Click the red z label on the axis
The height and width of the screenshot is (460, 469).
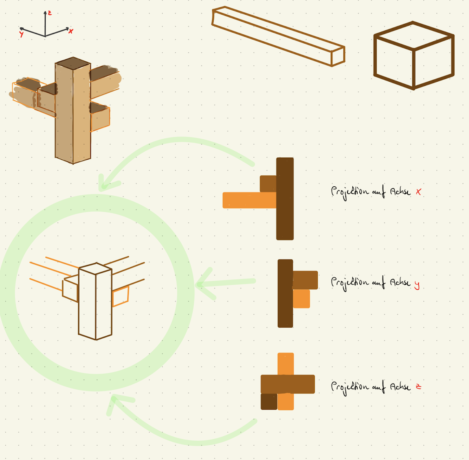coord(50,13)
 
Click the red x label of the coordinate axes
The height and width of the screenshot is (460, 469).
coord(71,31)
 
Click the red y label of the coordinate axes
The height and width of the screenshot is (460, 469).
coord(21,34)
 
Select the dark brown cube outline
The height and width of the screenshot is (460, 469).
coord(414,55)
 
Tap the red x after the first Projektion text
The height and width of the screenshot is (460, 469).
coord(418,192)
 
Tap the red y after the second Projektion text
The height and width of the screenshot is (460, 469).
coord(417,285)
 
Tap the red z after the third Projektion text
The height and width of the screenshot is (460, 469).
coord(418,386)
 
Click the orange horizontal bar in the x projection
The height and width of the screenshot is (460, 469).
coord(249,200)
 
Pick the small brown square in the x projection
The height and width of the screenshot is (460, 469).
coord(268,183)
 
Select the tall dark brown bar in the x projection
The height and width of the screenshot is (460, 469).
coord(285,199)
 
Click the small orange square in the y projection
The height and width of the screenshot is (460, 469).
coord(301,299)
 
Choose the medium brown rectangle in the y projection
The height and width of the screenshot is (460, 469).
coord(305,280)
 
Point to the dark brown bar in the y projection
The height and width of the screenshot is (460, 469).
coord(285,293)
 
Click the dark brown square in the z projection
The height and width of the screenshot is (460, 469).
coord(269,402)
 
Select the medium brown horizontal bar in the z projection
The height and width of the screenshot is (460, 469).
coord(288,384)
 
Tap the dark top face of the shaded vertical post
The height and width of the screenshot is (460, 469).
coord(73,64)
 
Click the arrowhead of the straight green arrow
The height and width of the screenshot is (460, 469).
coord(201,284)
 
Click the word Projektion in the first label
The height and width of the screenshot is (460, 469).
coord(350,192)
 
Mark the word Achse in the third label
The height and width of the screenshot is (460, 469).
coord(400,386)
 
